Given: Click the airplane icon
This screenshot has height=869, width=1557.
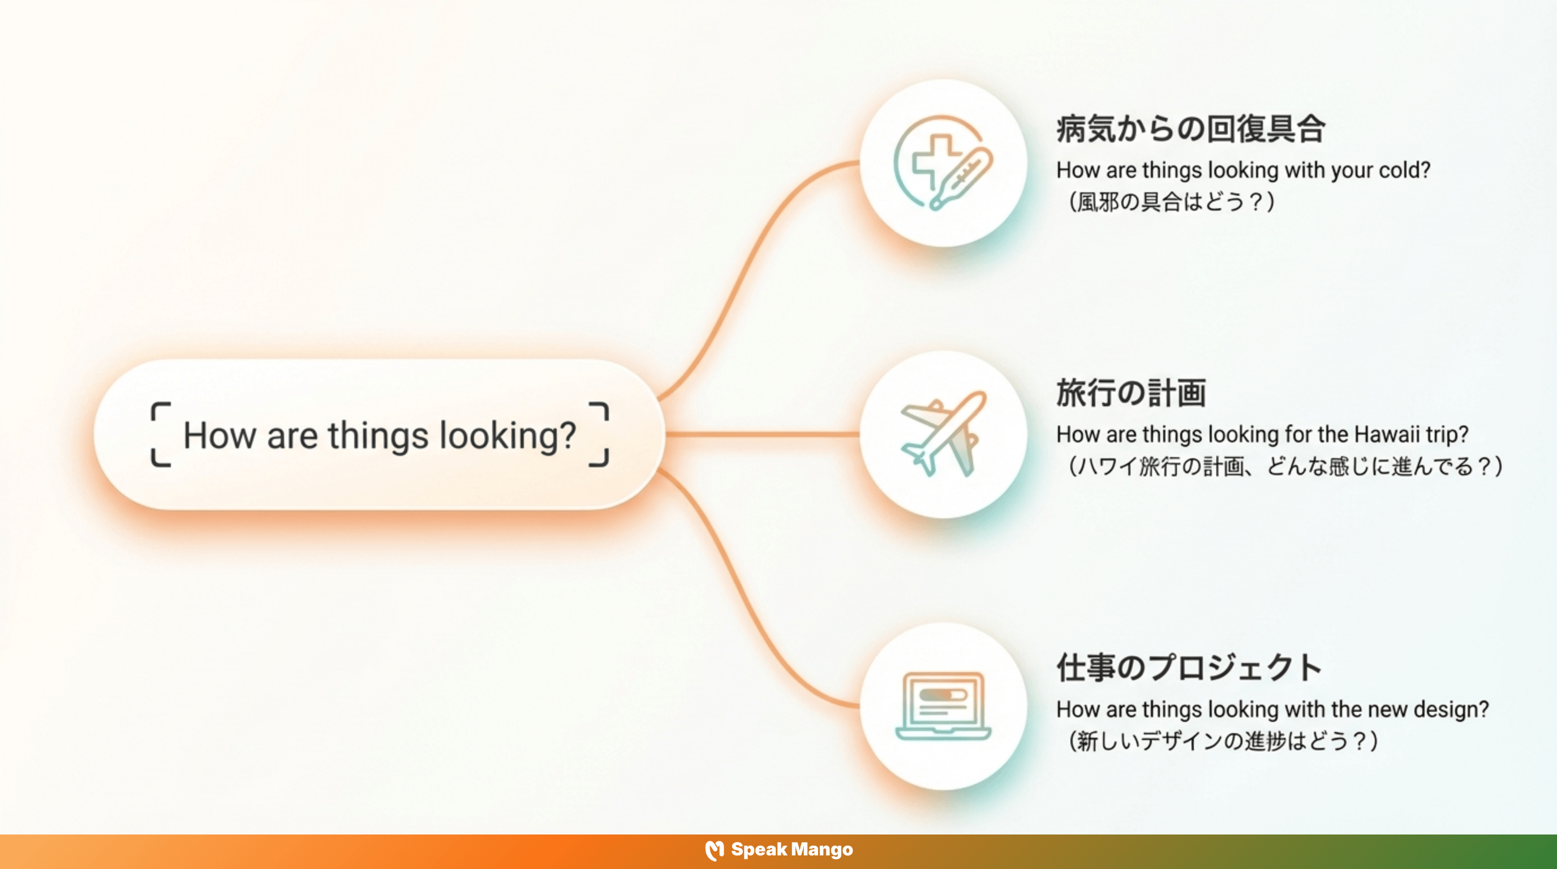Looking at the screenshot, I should click(943, 434).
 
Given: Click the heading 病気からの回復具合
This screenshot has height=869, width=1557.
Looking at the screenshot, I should click(1191, 129).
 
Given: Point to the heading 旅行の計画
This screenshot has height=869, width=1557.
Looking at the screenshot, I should click(1131, 393).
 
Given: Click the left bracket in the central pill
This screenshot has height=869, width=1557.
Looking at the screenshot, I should click(160, 434).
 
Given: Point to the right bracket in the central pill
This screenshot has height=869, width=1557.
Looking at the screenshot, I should click(599, 434).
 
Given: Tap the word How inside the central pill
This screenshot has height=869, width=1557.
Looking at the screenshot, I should click(220, 435).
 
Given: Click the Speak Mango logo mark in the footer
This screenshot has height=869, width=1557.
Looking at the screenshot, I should click(715, 850).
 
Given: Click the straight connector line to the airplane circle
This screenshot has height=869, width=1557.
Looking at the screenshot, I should click(762, 434).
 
